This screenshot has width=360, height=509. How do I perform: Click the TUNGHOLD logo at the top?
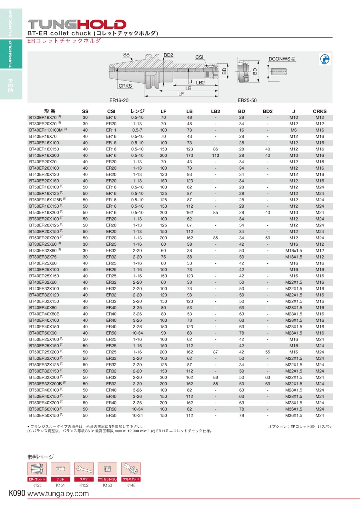pyautogui.click(x=76, y=24)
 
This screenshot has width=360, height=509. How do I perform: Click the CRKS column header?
pyautogui.click(x=320, y=111)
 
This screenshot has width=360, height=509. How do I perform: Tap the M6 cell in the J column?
pyautogui.click(x=294, y=130)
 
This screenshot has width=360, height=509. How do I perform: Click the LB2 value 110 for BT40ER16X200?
pyautogui.click(x=216, y=155)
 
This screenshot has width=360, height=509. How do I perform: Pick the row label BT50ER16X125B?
pyautogui.click(x=46, y=200)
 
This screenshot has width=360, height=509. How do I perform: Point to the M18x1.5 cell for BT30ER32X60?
pyautogui.click(x=294, y=250)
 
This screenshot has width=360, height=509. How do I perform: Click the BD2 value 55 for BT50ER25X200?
pyautogui.click(x=268, y=352)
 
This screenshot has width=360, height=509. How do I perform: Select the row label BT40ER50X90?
pyautogui.click(x=43, y=333)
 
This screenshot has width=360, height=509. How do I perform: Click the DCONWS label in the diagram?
pyautogui.click(x=279, y=59)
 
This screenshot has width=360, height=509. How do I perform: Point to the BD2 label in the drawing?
pyautogui.click(x=168, y=55)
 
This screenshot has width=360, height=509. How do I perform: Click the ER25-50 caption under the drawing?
pyautogui.click(x=247, y=100)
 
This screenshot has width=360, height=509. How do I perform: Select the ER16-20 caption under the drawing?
pyautogui.click(x=119, y=100)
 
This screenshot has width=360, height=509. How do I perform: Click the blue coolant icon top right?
pyautogui.click(x=324, y=59)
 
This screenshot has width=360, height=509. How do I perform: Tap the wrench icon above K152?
pyautogui.click(x=84, y=469)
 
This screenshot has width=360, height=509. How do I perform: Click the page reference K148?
pyautogui.click(x=131, y=485)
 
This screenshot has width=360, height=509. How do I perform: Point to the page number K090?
pyautogui.click(x=17, y=494)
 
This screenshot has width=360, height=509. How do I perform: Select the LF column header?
pyautogui.click(x=163, y=111)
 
